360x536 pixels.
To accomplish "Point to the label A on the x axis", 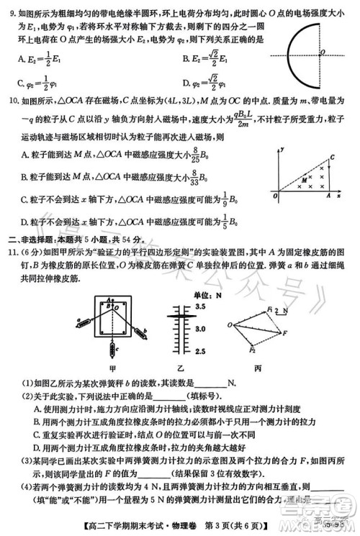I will coord(328,195).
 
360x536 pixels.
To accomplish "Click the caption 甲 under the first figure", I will coord(113,368).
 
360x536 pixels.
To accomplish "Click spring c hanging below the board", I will coord(112,350).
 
